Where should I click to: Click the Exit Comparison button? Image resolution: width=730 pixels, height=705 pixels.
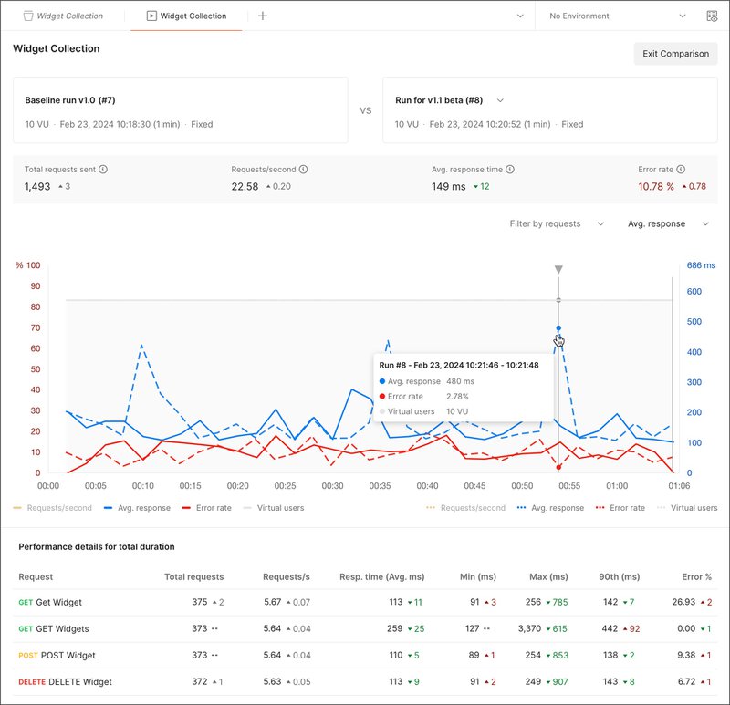[x=675, y=54]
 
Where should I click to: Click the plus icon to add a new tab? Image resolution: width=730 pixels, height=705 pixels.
[x=263, y=16]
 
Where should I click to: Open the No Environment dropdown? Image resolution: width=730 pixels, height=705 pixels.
[x=617, y=16]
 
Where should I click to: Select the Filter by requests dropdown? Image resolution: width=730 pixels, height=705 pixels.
[x=557, y=223]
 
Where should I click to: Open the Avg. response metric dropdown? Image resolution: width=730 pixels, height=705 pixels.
[x=668, y=223]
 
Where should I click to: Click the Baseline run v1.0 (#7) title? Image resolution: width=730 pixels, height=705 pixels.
[x=68, y=99]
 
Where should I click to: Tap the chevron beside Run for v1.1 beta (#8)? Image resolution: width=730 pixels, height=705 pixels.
[x=500, y=100]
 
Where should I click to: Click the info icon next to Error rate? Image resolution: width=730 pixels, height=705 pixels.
[x=682, y=170]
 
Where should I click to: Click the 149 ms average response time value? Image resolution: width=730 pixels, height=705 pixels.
[x=448, y=187]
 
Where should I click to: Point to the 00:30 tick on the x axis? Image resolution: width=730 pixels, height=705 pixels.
[x=333, y=486]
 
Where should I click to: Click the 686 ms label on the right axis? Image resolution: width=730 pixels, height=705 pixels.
[x=701, y=265]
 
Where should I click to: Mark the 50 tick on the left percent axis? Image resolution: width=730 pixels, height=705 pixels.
[x=36, y=369]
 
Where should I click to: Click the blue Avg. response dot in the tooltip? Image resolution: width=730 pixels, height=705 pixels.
[x=381, y=381]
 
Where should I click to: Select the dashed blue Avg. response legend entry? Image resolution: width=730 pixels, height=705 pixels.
[x=550, y=508]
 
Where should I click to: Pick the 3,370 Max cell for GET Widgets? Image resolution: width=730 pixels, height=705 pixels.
[x=548, y=628]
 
